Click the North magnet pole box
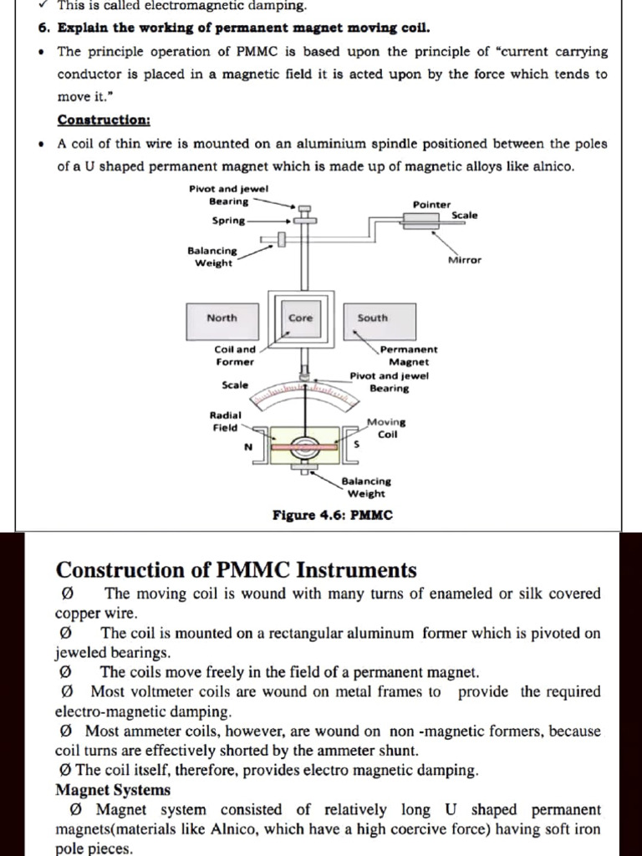click(222, 318)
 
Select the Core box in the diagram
click(300, 318)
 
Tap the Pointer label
click(431, 205)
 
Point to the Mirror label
click(465, 260)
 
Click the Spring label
click(229, 221)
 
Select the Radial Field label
click(225, 421)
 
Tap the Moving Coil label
click(386, 428)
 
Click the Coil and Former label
click(235, 355)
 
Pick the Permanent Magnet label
click(409, 355)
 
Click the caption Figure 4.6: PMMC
click(333, 515)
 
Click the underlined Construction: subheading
click(104, 120)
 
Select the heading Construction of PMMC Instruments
click(236, 570)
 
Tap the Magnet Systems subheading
click(113, 790)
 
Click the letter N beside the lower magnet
click(247, 447)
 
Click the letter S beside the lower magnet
click(357, 446)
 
